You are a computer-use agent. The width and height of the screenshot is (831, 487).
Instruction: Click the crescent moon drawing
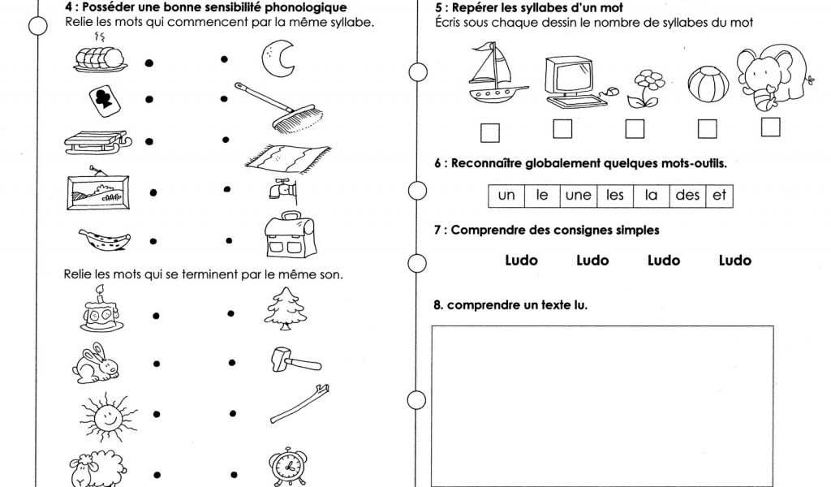pos(278,58)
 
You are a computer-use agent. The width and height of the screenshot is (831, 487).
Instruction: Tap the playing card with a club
pos(104,101)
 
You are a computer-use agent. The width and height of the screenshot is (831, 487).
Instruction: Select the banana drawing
pos(104,239)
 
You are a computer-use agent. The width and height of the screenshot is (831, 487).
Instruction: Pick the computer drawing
pos(573,81)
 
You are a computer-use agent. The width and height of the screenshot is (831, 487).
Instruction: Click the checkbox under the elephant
pos(770,127)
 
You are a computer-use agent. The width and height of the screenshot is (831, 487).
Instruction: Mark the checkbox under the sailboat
pos(490,131)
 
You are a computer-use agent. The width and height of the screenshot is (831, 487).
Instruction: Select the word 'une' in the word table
pos(578,195)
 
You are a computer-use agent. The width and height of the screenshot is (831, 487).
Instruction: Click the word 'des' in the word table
pos(687,195)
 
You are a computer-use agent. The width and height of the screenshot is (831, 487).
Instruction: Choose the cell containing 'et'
pos(719,195)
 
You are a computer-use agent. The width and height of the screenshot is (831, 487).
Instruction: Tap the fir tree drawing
pos(284,311)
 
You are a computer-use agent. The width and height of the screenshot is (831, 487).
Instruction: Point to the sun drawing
pos(106,416)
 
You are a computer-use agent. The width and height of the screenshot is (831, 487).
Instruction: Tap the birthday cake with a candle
pos(100,310)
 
